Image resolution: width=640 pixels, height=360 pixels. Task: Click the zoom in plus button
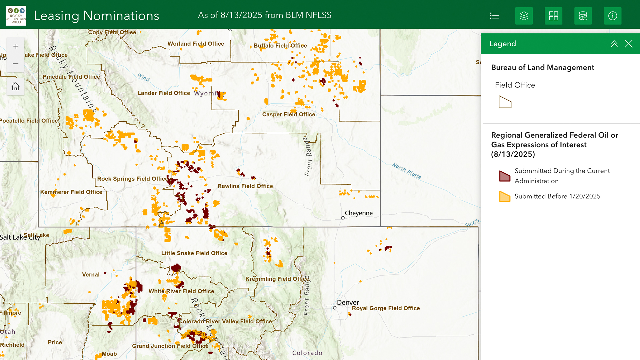pos(16,46)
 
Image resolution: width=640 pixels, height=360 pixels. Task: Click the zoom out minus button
pos(16,64)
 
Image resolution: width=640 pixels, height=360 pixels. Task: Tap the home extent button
pos(16,87)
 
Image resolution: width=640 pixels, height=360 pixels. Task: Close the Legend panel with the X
pos(628,44)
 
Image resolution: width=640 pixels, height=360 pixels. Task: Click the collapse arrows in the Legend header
pos(614,44)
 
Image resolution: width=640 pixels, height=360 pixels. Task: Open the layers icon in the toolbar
pos(524,16)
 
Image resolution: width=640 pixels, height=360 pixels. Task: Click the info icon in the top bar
pos(612,16)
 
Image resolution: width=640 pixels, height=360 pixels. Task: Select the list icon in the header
pos(494,16)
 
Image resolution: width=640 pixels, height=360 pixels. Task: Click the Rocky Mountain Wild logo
pos(16,16)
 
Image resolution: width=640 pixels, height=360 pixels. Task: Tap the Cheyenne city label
pos(358,213)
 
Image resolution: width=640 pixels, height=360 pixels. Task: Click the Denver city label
pos(348,302)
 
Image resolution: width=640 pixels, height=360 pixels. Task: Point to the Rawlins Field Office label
pos(245,186)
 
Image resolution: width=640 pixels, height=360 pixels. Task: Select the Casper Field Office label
pos(288,114)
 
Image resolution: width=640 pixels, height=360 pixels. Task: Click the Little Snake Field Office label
pos(194,253)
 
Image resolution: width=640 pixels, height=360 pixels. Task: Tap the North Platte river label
pos(406,171)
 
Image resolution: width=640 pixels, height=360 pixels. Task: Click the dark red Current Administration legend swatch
pos(505,176)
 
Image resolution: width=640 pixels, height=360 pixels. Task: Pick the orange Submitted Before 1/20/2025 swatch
pos(505,196)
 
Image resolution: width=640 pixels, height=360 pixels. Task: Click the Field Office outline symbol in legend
pos(505,102)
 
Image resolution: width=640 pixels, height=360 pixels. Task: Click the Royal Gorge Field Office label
pos(386,308)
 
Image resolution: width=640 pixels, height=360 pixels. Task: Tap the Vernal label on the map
pos(91,275)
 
